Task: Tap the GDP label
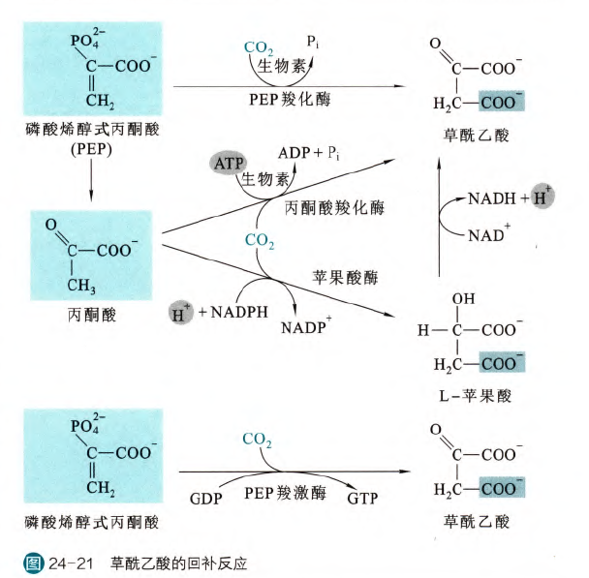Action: click(x=208, y=500)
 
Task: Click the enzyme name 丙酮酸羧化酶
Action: click(x=335, y=208)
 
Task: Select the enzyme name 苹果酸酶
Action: click(x=345, y=276)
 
